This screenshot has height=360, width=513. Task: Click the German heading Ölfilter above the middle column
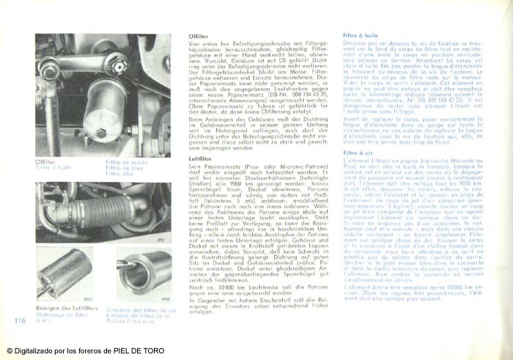tap(199, 36)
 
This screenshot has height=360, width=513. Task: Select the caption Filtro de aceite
tap(125, 162)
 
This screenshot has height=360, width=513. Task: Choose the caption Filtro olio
tap(119, 175)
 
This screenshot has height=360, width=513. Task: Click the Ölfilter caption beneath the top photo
tap(45, 162)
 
